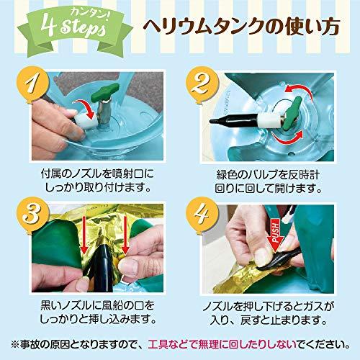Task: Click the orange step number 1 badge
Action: (x=33, y=84)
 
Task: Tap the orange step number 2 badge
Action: (x=202, y=84)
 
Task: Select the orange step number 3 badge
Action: (x=33, y=214)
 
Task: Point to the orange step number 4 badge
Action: (x=202, y=214)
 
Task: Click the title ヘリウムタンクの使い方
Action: (x=241, y=27)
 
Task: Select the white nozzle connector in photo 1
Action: (x=86, y=120)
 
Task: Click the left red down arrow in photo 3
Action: (x=84, y=235)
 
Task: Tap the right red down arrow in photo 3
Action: (x=125, y=235)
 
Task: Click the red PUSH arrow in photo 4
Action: (x=276, y=233)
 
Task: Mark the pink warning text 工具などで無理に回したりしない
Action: (x=222, y=345)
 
